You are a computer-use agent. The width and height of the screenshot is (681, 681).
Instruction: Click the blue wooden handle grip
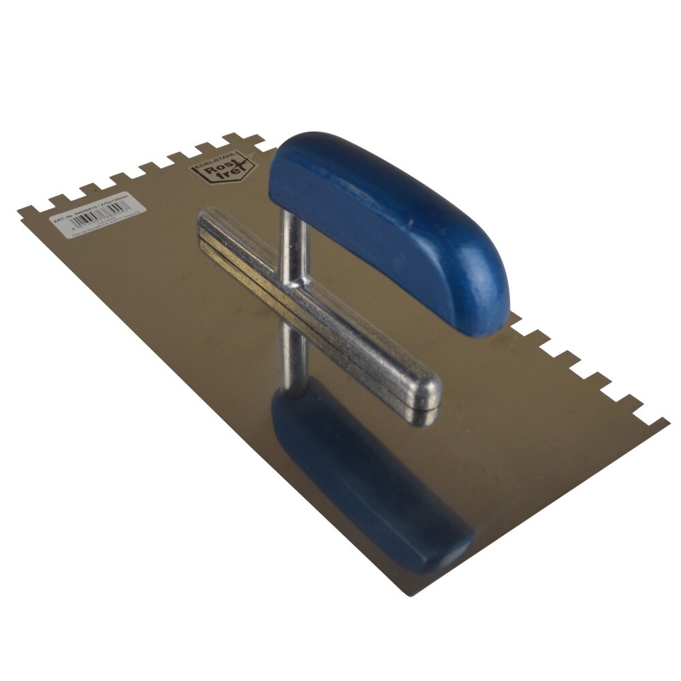coord(381,218)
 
